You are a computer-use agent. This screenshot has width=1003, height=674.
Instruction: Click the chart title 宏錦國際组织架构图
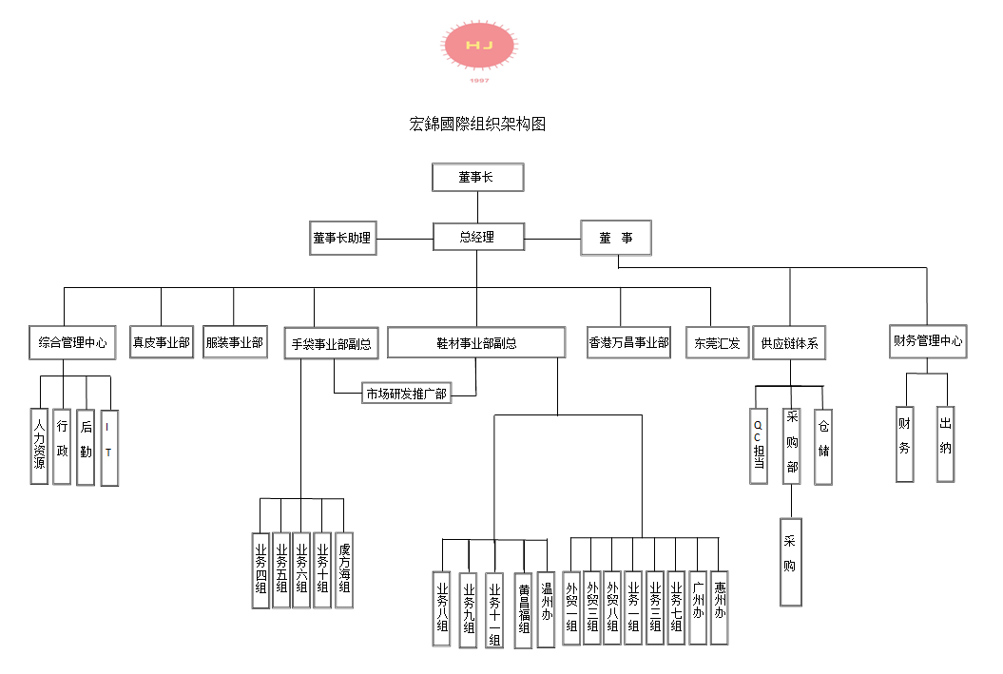pyautogui.click(x=477, y=125)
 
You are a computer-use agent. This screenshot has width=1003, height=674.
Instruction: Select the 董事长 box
pyautogui.click(x=477, y=178)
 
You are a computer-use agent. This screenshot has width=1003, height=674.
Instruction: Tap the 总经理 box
pyautogui.click(x=477, y=237)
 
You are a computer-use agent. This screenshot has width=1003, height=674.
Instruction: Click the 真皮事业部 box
pyautogui.click(x=162, y=342)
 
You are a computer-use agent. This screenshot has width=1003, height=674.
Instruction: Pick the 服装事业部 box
pyautogui.click(x=235, y=342)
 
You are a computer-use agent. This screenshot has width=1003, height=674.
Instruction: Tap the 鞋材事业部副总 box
pyautogui.click(x=477, y=343)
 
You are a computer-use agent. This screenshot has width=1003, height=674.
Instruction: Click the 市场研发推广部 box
pyautogui.click(x=407, y=393)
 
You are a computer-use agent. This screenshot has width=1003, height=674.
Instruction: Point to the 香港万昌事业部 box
pyautogui.click(x=629, y=343)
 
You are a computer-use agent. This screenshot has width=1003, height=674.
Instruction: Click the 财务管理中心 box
pyautogui.click(x=927, y=340)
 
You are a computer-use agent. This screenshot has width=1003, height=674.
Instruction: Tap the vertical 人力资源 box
pyautogui.click(x=39, y=446)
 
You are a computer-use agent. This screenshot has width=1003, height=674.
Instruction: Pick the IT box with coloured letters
pyautogui.click(x=108, y=446)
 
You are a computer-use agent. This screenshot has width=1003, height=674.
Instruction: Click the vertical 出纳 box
pyautogui.click(x=945, y=442)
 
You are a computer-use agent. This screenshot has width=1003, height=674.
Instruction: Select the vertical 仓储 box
pyautogui.click(x=823, y=445)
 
